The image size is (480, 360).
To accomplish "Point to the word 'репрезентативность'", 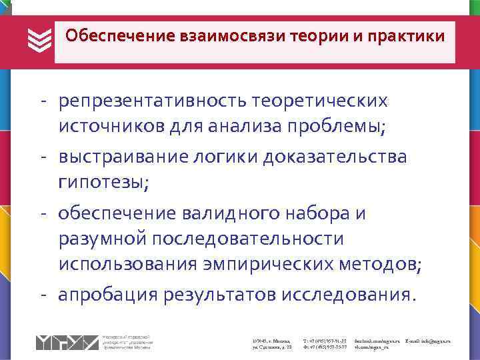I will pos(151,101).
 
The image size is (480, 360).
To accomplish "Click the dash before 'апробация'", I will pos(42,293).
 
